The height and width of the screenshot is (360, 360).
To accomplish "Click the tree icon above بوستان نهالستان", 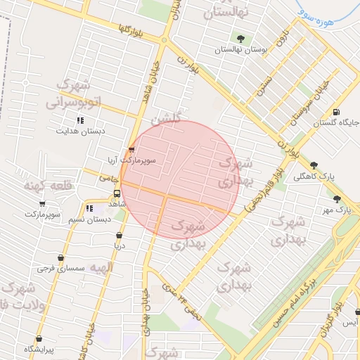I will pyautogui.click(x=241, y=39).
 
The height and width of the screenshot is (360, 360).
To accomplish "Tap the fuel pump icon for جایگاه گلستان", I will pyautogui.click(x=336, y=112).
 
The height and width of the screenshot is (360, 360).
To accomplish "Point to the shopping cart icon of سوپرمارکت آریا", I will pyautogui.click(x=131, y=150).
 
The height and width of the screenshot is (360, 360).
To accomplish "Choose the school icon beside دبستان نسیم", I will pyautogui.click(x=89, y=209).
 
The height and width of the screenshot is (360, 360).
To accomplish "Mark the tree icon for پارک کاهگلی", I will pyautogui.click(x=313, y=166).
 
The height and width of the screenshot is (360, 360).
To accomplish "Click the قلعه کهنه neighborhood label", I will pyautogui.click(x=39, y=186).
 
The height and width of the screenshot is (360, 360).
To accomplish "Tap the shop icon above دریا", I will pyautogui.click(x=118, y=235).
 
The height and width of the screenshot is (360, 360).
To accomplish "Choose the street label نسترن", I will pyautogui.click(x=264, y=84).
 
